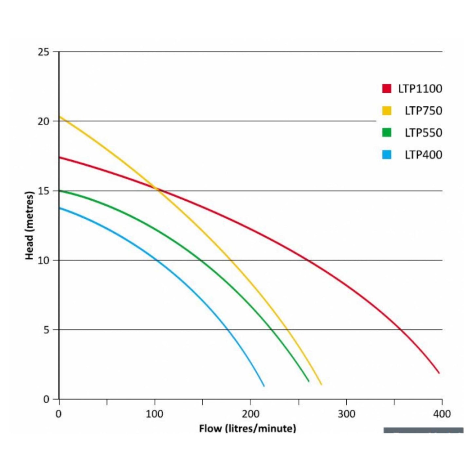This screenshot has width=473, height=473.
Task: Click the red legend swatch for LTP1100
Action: [387, 88]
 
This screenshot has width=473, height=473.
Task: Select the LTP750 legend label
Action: [423, 111]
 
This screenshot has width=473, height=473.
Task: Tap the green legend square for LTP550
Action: [387, 133]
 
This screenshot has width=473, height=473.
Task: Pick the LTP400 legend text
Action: [423, 155]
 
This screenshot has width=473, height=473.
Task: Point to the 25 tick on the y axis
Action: [43, 52]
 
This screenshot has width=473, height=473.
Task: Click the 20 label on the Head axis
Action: [43, 121]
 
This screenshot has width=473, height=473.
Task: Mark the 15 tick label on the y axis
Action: [43, 191]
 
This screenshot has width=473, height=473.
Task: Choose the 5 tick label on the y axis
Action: [46, 330]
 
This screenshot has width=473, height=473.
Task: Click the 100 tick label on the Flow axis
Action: [155, 414]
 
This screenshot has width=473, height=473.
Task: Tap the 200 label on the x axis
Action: [250, 414]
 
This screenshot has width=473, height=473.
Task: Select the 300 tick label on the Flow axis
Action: [346, 414]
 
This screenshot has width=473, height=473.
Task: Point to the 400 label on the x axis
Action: [442, 414]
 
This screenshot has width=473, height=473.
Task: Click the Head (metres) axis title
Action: [29, 226]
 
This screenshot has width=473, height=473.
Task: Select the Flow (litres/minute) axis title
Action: [247, 428]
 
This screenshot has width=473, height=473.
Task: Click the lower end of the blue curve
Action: [264, 386]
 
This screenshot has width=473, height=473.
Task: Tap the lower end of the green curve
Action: [308, 381]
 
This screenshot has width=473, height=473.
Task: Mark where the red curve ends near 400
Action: [439, 373]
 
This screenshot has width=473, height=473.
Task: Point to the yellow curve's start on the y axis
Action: [60, 117]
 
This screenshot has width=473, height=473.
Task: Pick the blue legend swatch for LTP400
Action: [387, 155]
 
